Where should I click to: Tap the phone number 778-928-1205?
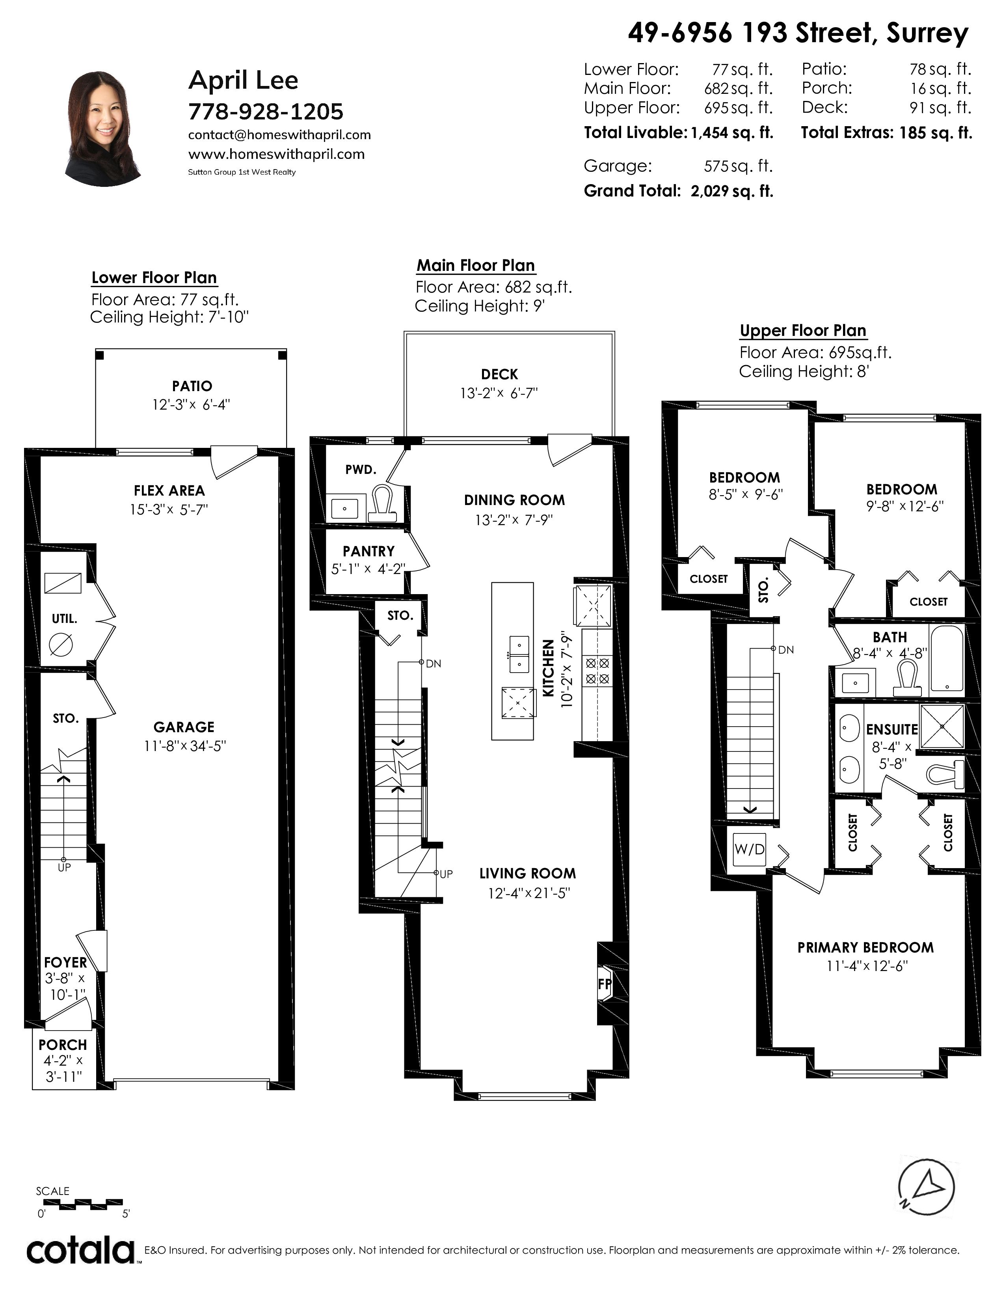[266, 112]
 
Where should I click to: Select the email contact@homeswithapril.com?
[279, 135]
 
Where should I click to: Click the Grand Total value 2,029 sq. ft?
[732, 191]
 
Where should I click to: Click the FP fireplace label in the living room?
[604, 984]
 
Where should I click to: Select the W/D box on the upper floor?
[749, 848]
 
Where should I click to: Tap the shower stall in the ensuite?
[941, 725]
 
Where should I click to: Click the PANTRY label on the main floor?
[368, 552]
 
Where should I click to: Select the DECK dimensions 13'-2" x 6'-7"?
[499, 393]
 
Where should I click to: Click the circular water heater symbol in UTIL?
[61, 645]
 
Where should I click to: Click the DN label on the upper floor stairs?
[786, 650]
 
